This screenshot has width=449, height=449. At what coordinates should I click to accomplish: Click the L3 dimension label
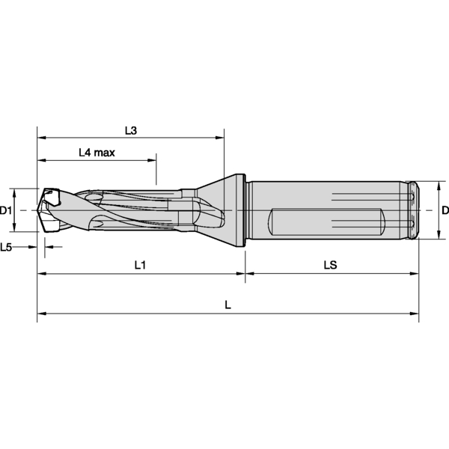click(131, 131)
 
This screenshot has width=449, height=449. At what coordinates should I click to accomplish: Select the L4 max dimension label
click(97, 153)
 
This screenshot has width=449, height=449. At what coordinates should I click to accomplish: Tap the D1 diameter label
click(5, 211)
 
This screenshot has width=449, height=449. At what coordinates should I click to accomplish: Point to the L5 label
click(6, 247)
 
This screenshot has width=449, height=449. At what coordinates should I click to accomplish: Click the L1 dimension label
click(141, 266)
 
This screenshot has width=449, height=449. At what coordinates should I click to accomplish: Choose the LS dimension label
click(331, 265)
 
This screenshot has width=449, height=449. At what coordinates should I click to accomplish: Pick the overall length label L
click(227, 305)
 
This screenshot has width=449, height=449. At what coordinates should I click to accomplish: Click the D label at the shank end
click(445, 210)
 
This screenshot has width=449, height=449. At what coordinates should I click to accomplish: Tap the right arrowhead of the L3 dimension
click(219, 138)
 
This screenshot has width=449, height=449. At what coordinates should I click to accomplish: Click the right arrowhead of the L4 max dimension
click(152, 160)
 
